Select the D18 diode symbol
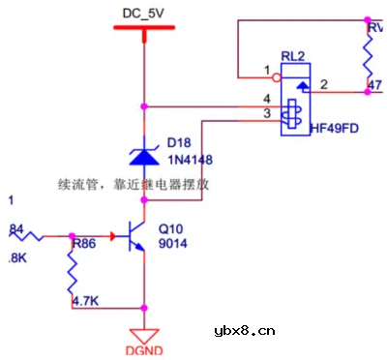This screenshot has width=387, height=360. click(144, 153)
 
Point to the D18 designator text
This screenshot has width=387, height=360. click(179, 142)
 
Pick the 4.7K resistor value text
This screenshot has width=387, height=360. click(87, 301)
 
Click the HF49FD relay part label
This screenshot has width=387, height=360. click(335, 127)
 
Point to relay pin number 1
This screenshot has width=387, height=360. click(266, 70)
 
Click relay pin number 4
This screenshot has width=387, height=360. click(266, 99)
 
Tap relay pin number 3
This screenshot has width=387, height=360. click(266, 114)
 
